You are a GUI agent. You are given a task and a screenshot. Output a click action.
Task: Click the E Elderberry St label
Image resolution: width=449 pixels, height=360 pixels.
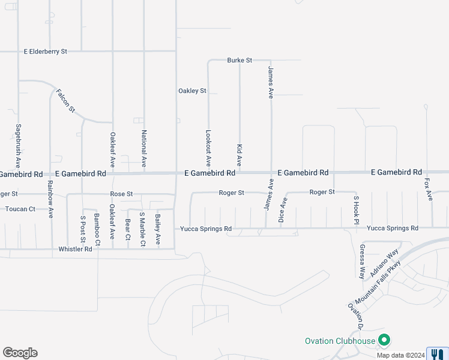[45, 52]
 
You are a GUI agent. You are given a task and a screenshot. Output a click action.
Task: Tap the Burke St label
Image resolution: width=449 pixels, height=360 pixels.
[240, 61]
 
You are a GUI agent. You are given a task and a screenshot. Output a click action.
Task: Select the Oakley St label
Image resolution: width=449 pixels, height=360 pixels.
[192, 91]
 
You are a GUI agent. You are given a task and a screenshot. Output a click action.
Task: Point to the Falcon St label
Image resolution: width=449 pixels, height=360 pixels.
[65, 101]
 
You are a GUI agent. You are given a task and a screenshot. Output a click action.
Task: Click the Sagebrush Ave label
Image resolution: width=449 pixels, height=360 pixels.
[19, 146]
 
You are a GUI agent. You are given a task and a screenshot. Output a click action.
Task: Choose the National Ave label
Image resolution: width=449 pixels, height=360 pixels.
[144, 148]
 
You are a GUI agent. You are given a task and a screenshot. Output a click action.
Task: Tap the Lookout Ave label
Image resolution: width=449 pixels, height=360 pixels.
[208, 148]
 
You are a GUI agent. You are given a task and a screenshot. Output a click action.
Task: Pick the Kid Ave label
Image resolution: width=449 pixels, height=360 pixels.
[239, 155]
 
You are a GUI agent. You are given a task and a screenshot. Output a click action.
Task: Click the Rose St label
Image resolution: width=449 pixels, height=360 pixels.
[121, 194]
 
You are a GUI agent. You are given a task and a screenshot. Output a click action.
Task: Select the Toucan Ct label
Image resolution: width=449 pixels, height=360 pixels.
[20, 209]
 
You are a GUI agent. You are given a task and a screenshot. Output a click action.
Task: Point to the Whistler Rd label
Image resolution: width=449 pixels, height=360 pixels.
[75, 248]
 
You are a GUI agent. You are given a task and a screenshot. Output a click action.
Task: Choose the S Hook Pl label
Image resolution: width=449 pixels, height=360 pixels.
[355, 210]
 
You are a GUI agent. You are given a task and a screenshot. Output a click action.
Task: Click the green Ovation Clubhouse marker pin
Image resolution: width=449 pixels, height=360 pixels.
[384, 340]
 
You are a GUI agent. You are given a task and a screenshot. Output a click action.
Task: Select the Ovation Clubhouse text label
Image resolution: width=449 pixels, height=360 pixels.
[340, 341]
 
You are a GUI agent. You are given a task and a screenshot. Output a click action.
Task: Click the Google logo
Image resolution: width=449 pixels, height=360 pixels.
[20, 353]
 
